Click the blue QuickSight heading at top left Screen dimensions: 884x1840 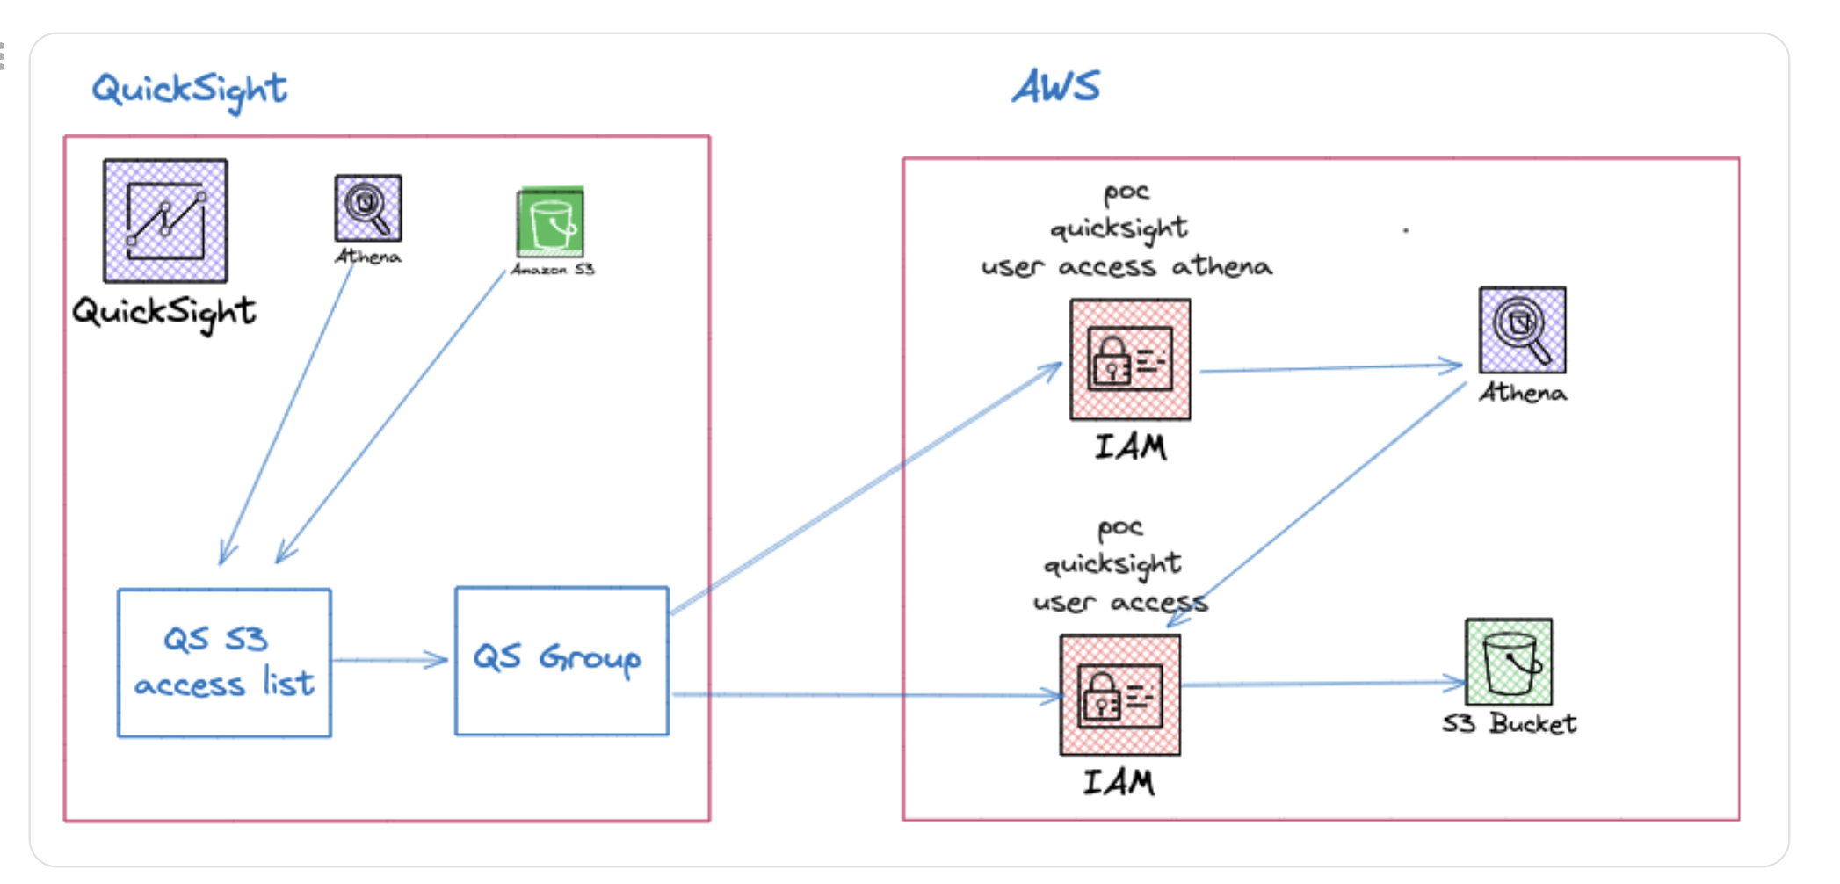click(189, 89)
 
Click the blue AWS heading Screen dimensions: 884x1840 click(1055, 87)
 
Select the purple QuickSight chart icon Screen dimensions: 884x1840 click(165, 221)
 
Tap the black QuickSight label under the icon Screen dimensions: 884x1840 click(164, 312)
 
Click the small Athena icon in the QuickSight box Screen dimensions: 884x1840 click(368, 207)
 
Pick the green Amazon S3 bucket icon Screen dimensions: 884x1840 click(551, 221)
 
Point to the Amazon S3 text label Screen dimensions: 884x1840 click(553, 269)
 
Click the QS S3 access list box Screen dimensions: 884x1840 click(224, 663)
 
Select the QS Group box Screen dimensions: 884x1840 click(561, 660)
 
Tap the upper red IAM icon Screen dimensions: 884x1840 click(1130, 359)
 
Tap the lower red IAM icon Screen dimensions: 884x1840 click(1120, 695)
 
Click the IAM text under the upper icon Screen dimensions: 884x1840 click(1130, 447)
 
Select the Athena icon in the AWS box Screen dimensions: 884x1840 click(1522, 330)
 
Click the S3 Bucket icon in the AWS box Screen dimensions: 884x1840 click(1509, 661)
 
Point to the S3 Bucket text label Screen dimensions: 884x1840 click(1509, 724)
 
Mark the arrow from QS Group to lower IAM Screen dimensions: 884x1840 click(866, 695)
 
